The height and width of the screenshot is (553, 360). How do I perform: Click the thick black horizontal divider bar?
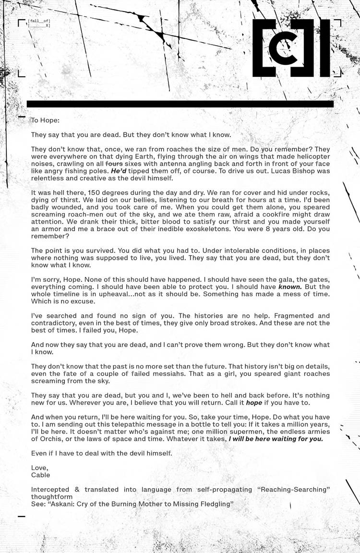coord(180,104)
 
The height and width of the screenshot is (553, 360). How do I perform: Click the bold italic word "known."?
coord(290,287)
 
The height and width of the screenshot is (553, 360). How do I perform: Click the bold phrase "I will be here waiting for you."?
coord(276,438)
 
